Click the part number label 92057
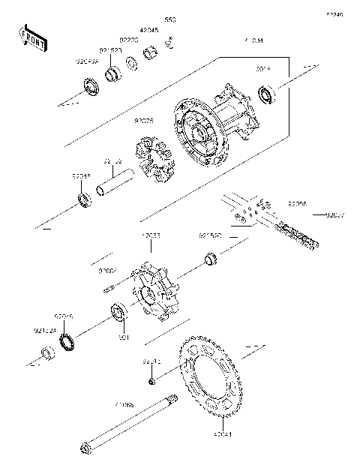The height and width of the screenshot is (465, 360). [334, 214]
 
